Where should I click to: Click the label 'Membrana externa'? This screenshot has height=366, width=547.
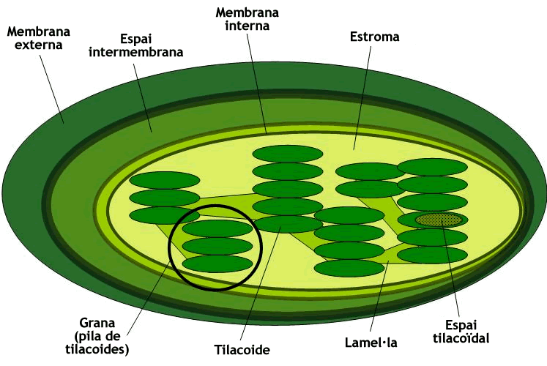[x=38, y=38]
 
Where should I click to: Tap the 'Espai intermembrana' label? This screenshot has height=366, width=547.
[x=135, y=45]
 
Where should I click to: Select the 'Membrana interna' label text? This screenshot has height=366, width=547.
[x=247, y=19]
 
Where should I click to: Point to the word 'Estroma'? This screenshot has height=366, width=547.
[x=374, y=37]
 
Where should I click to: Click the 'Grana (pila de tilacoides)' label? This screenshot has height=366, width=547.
[x=97, y=336]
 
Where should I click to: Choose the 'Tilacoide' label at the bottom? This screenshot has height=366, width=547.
[x=242, y=349]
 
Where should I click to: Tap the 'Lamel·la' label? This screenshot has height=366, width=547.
[x=371, y=343]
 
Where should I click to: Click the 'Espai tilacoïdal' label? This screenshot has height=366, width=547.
[x=461, y=332]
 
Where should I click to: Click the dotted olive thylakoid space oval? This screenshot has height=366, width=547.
[x=439, y=220]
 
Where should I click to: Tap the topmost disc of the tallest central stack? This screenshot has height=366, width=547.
[x=288, y=154]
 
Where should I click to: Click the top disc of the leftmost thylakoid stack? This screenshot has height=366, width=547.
[x=164, y=180]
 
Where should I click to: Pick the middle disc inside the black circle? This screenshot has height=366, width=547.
[x=217, y=246]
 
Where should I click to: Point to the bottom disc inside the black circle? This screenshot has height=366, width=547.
[x=217, y=264]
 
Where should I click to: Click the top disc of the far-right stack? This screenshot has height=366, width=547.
[x=432, y=168]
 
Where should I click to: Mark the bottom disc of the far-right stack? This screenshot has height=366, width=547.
[x=432, y=255]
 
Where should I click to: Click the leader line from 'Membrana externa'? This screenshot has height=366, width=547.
[x=52, y=89]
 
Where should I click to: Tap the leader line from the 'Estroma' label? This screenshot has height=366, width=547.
[x=362, y=97]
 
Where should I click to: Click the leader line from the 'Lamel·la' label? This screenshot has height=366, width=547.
[x=379, y=296]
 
